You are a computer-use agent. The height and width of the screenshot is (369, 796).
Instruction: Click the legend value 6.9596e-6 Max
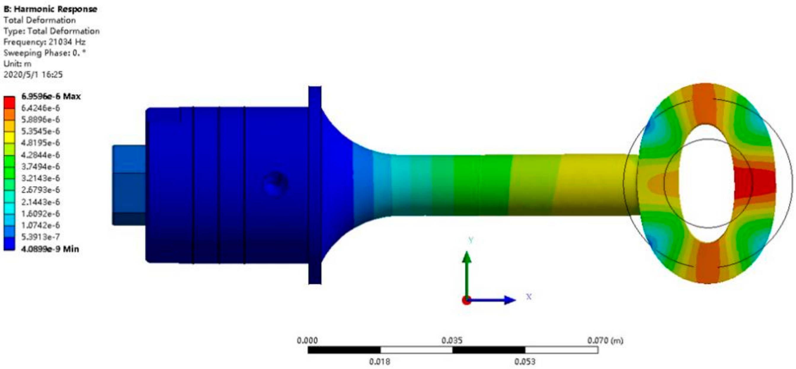(51, 96)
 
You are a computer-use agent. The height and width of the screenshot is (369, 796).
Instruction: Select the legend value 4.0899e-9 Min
(50, 249)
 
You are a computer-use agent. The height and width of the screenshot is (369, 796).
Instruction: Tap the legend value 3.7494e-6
(41, 167)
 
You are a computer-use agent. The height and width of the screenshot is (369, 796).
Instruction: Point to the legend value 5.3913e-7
(41, 237)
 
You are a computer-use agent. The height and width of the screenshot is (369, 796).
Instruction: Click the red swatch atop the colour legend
(9, 102)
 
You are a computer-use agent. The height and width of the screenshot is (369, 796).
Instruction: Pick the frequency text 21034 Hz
(67, 42)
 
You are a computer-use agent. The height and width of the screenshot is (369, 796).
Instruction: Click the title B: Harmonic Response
(50, 9)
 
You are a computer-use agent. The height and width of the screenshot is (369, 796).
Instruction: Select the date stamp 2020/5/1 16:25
(33, 74)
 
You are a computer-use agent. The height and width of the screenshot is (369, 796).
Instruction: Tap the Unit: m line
(17, 64)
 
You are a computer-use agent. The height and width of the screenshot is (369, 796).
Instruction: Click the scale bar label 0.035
(452, 341)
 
